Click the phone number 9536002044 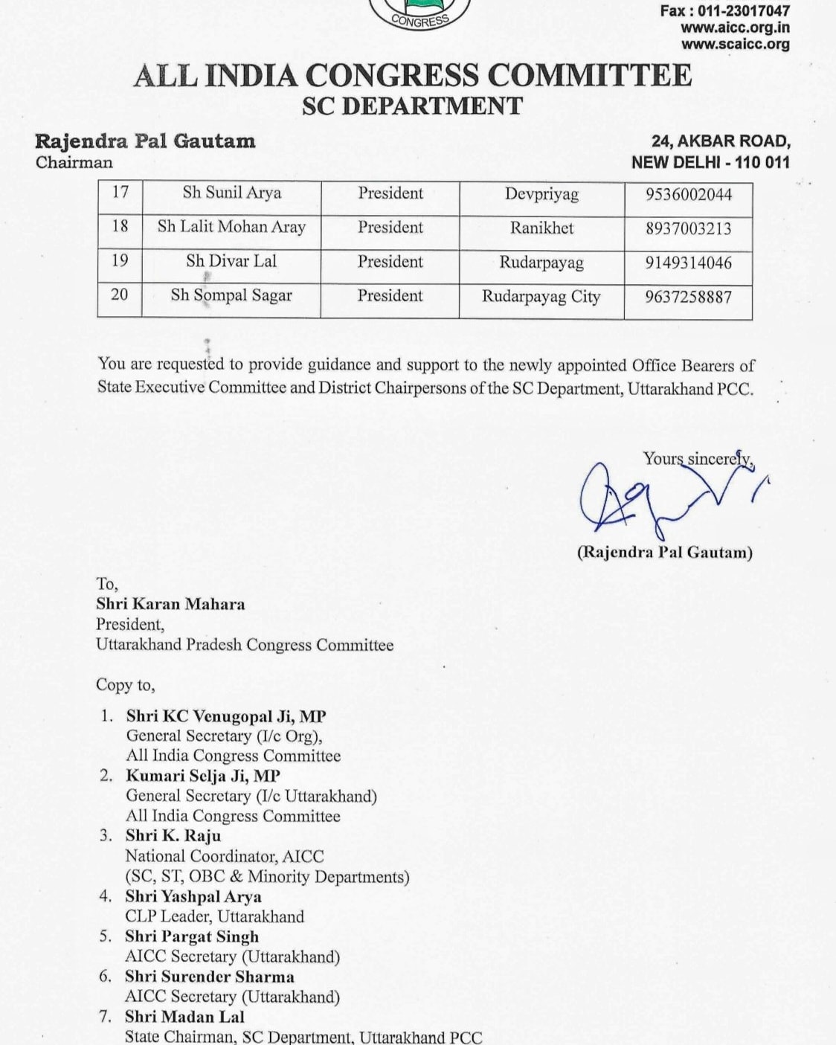(x=688, y=195)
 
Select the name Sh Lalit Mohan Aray (x=231, y=227)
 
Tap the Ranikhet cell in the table (x=541, y=228)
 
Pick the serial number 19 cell (x=120, y=260)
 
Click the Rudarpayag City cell (x=541, y=297)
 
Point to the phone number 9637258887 (x=688, y=298)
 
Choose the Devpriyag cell (x=541, y=194)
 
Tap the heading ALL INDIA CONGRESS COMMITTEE (x=413, y=76)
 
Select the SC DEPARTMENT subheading (x=413, y=106)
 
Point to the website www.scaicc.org (x=735, y=45)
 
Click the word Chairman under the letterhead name (x=74, y=163)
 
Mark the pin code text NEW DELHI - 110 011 (x=710, y=162)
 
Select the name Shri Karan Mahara (x=170, y=604)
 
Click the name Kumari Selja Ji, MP (x=203, y=776)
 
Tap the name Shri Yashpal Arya (x=193, y=896)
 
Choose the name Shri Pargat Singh (x=192, y=936)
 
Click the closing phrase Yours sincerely (x=698, y=459)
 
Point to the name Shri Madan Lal (x=184, y=1017)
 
